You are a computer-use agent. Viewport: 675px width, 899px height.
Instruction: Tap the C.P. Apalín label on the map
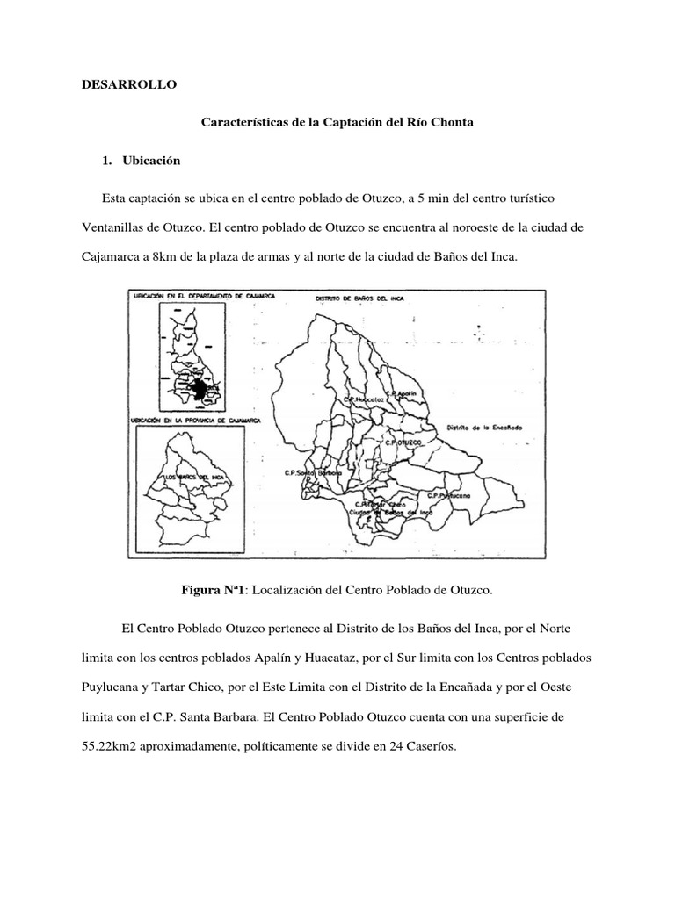(x=405, y=392)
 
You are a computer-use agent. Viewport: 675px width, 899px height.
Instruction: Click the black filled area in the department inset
(x=201, y=389)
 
